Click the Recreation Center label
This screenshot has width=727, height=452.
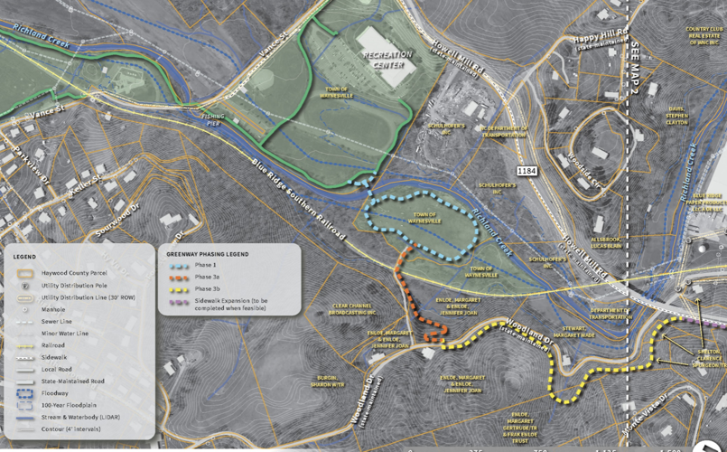point(387,60)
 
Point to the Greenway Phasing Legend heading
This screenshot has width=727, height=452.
point(207,254)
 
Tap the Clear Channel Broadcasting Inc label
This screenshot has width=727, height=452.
point(355,309)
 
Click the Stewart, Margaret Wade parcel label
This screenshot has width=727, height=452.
point(579,331)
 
